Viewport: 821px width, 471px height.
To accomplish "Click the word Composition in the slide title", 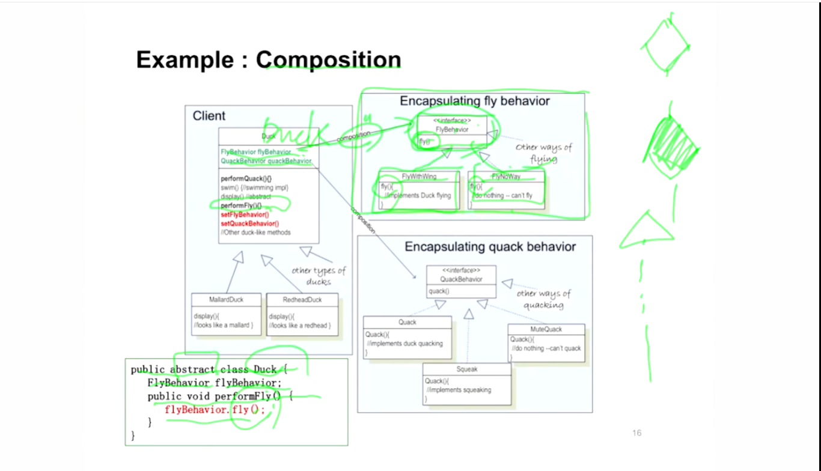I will [x=329, y=59].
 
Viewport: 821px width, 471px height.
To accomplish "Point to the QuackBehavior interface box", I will [x=461, y=281].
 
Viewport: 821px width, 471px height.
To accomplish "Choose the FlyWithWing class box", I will [x=419, y=190].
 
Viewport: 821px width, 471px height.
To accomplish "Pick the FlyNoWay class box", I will [x=506, y=190].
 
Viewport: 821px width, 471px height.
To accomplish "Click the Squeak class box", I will [x=467, y=384].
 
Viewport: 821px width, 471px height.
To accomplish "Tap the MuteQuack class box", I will [x=546, y=343].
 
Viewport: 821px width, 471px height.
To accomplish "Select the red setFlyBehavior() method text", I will [x=245, y=214].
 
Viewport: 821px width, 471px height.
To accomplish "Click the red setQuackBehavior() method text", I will [x=249, y=223].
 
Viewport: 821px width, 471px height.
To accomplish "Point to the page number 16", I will [x=637, y=433].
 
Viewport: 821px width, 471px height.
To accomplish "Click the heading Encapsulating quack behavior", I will [x=490, y=247].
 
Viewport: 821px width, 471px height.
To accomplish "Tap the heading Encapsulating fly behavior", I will [x=475, y=101].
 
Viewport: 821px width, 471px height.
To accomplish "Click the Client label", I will [x=209, y=116].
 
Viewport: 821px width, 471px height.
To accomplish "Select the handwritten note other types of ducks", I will [x=319, y=276].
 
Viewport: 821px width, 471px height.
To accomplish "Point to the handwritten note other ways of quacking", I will [x=543, y=299].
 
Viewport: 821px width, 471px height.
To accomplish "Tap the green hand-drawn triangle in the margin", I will [x=646, y=231].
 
